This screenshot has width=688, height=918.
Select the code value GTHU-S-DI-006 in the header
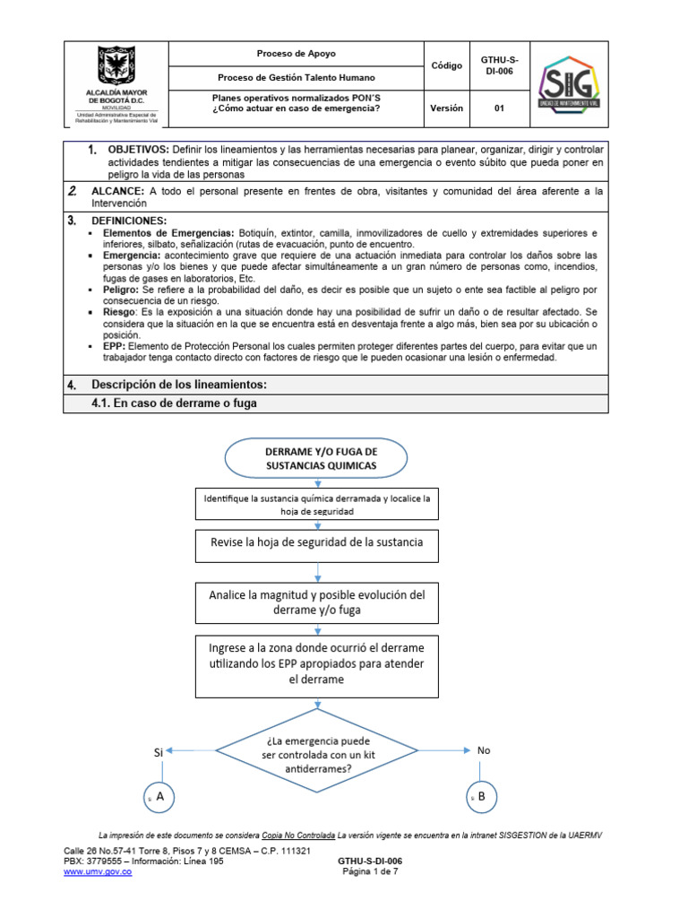point(499,65)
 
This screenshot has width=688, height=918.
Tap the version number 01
point(499,108)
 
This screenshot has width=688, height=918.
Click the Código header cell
point(446,65)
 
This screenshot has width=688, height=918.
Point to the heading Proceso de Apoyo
point(296,54)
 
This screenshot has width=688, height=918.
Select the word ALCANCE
point(116,192)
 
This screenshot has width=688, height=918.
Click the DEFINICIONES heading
point(129,221)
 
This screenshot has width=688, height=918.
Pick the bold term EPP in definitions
point(116,346)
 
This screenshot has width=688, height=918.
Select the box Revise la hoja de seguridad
point(317,543)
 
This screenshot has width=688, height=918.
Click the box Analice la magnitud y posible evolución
point(317,602)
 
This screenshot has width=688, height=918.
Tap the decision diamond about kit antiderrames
point(317,750)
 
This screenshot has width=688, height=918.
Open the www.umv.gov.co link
point(98,872)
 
